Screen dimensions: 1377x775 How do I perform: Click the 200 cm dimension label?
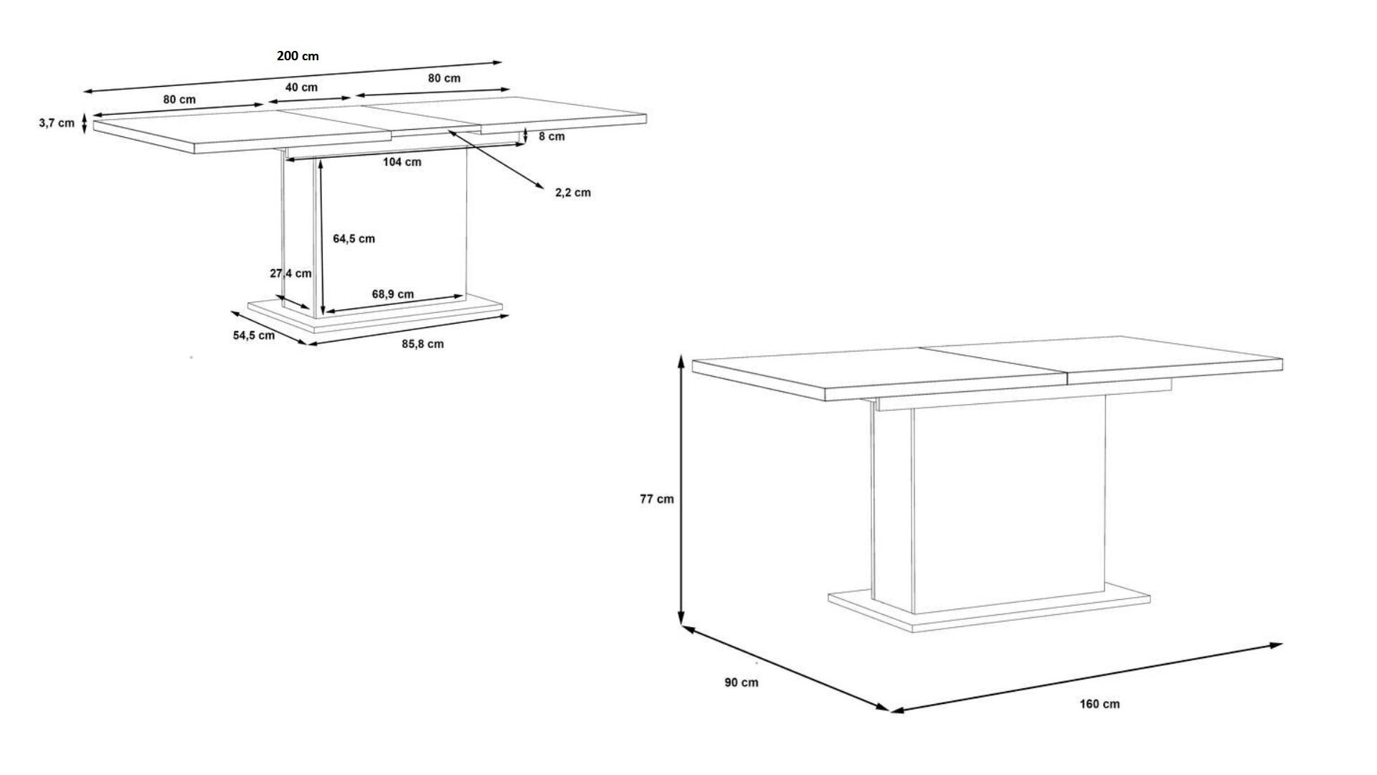[298, 56]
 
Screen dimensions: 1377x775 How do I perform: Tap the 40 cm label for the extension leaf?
[301, 88]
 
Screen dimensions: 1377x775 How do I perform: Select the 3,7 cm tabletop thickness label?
[57, 123]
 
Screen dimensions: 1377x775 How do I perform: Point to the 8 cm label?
[552, 136]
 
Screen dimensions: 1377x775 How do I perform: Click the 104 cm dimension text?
[402, 162]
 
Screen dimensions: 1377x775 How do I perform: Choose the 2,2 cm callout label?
[573, 192]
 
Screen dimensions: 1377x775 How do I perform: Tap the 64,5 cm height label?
[354, 239]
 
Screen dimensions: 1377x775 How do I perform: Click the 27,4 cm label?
[290, 273]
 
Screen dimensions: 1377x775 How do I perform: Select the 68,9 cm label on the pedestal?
[392, 294]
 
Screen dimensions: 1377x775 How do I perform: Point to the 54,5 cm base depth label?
[254, 335]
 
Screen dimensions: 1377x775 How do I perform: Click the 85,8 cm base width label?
[422, 344]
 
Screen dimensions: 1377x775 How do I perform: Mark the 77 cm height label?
[657, 499]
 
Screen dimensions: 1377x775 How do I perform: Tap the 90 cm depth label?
[741, 682]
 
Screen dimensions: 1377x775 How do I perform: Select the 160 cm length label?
[1099, 704]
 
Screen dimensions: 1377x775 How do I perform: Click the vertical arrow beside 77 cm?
[681, 491]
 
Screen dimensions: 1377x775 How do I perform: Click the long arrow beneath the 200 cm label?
[293, 77]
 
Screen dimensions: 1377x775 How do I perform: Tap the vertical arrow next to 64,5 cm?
[322, 237]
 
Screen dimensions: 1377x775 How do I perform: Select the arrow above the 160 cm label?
[1086, 678]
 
